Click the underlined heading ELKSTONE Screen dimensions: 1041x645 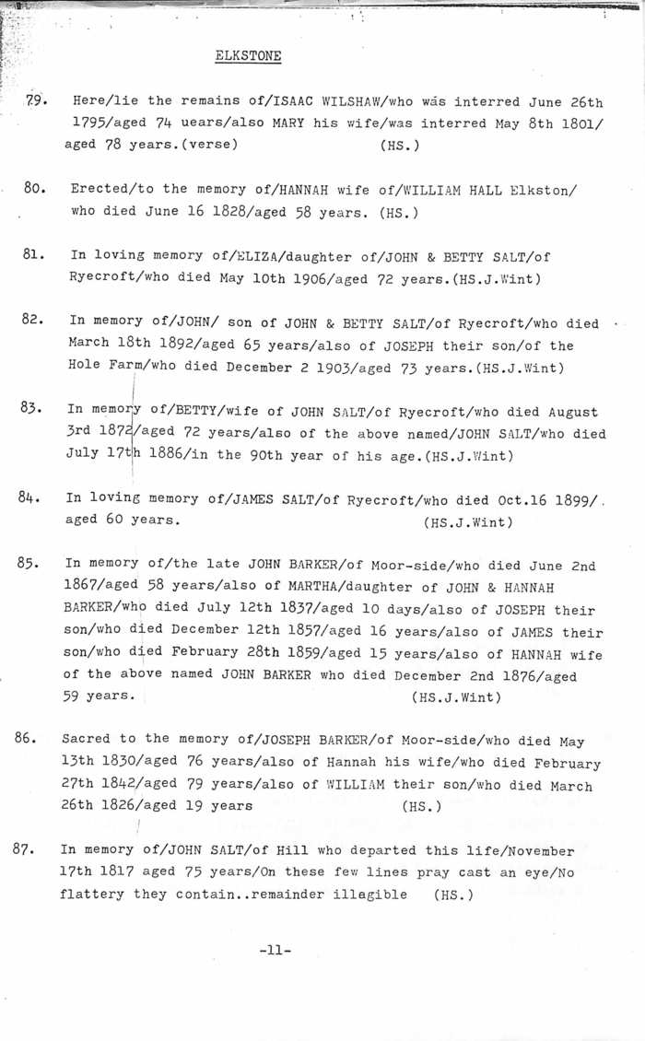[248, 56]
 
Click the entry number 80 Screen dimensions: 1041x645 [36, 188]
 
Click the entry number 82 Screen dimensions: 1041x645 [34, 321]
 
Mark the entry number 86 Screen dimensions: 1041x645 [28, 738]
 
